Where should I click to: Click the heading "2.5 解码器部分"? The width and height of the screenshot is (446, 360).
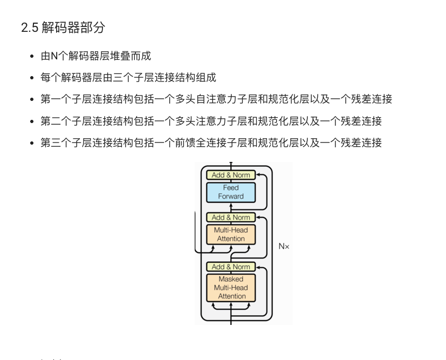[63, 28]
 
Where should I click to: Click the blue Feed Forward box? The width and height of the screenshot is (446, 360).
[231, 192]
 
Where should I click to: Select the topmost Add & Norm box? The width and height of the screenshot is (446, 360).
[231, 175]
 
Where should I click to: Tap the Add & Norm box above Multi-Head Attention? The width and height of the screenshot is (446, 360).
[231, 218]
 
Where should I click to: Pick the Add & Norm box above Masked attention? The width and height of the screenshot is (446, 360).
[231, 267]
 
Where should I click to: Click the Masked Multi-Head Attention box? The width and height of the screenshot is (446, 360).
[231, 288]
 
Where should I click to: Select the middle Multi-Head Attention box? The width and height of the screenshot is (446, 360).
[231, 234]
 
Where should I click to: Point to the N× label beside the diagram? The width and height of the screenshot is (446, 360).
[284, 246]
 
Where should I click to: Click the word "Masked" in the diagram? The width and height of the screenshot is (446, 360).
[231, 279]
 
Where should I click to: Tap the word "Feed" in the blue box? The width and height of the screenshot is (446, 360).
[231, 188]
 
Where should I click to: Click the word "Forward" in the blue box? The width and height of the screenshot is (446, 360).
[231, 196]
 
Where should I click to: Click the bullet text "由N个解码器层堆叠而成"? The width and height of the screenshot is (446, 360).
[95, 56]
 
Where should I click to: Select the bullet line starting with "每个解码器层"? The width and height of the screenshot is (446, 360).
[128, 77]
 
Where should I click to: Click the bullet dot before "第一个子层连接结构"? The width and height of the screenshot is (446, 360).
[32, 99]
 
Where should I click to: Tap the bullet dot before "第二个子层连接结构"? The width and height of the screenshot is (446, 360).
[32, 121]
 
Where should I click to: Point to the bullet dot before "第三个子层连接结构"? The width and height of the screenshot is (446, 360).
[32, 143]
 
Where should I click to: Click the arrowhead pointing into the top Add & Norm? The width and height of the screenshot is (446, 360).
[258, 175]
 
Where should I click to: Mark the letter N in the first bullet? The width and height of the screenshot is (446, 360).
[54, 56]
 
